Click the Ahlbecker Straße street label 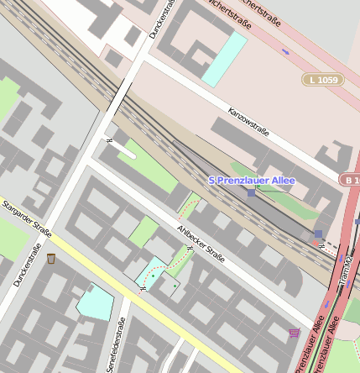point(201,243)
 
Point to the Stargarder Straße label point(27,219)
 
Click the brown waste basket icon point(51,258)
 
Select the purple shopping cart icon point(294,334)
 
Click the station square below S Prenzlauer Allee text point(251,192)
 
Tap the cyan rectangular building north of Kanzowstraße point(224,59)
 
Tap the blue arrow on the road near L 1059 point(285,52)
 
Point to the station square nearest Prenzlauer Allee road point(317,234)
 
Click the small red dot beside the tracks point(316,242)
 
